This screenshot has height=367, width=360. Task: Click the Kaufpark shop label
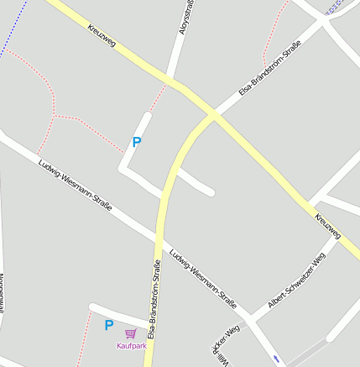click(132, 345)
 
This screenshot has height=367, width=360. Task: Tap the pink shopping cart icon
click(130, 333)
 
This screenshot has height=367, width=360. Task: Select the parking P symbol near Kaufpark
click(108, 325)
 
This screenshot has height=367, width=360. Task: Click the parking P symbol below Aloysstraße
click(137, 143)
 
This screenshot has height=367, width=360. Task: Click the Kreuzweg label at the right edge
click(328, 225)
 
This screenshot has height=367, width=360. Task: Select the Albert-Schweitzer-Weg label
click(296, 282)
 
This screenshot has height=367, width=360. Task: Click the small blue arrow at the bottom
click(276, 359)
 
